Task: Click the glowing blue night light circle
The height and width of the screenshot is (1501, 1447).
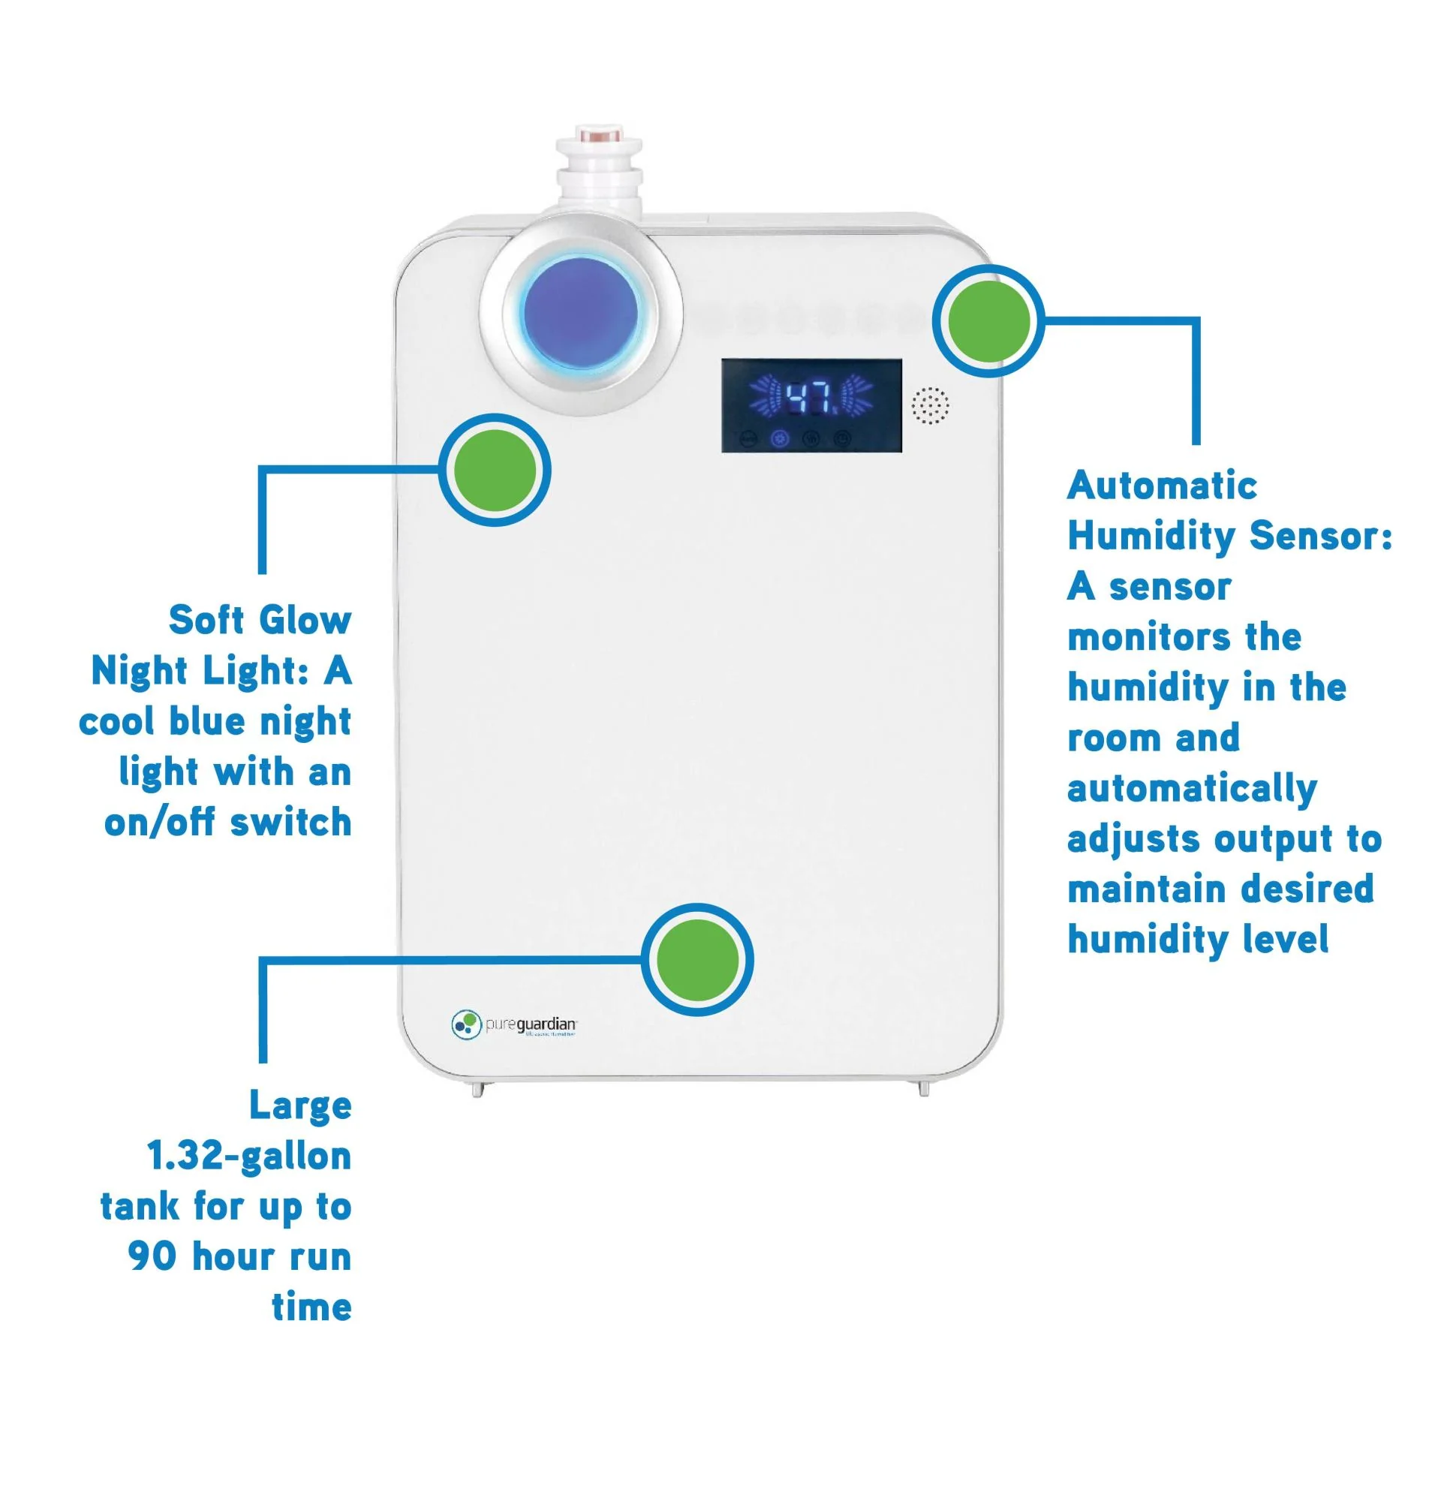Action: (x=580, y=314)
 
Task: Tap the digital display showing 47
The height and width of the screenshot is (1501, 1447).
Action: (x=811, y=405)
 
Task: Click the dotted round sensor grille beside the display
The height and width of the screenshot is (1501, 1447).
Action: (x=930, y=405)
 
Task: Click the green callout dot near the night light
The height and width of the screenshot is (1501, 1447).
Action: (x=495, y=470)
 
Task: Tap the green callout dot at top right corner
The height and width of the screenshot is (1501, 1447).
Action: (x=989, y=321)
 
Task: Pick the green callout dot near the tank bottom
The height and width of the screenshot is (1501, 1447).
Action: (x=697, y=960)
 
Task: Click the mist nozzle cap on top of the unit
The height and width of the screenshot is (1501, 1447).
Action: (x=599, y=138)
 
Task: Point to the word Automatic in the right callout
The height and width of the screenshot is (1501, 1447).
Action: (x=1161, y=486)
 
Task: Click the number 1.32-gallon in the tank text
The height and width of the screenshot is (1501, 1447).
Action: (x=249, y=1157)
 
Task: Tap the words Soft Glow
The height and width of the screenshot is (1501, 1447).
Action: (x=260, y=621)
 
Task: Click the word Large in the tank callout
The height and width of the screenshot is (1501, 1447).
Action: (x=300, y=1106)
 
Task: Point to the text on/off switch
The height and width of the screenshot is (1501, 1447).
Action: (x=227, y=823)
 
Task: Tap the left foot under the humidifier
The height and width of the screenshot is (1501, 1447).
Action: (x=477, y=1088)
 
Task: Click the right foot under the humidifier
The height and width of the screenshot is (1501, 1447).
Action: (x=923, y=1088)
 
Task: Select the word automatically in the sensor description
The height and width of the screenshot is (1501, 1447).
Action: (x=1191, y=789)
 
